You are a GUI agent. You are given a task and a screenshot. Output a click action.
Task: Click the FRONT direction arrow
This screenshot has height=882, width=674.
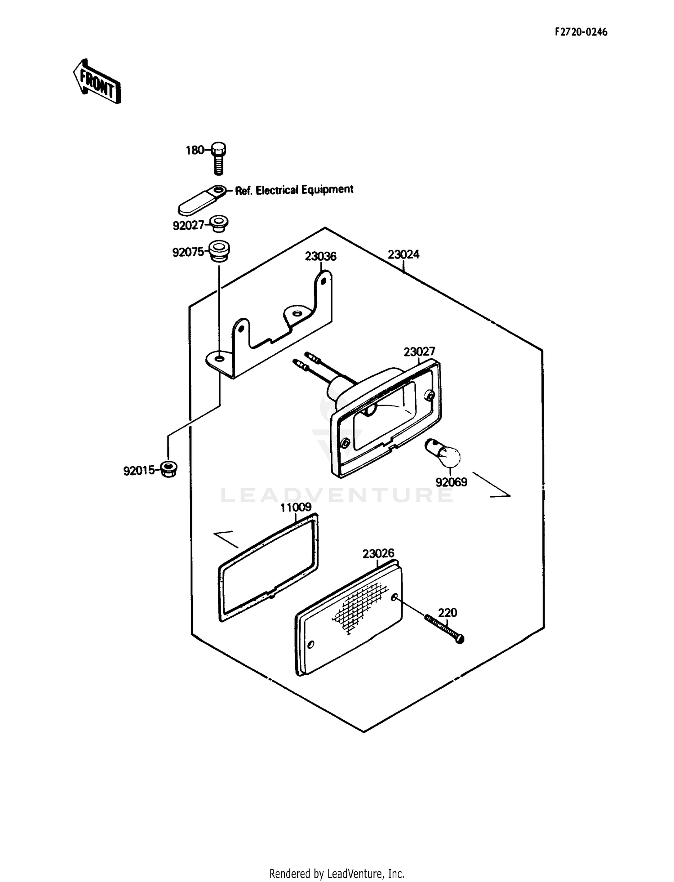[97, 81]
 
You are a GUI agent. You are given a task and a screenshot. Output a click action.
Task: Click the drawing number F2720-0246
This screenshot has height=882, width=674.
[581, 32]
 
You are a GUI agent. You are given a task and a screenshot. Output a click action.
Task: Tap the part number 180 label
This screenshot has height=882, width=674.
[195, 150]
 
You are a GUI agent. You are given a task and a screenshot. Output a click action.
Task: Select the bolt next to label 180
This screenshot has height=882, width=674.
[218, 159]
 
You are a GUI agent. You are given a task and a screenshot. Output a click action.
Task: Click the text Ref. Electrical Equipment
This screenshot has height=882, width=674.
[294, 190]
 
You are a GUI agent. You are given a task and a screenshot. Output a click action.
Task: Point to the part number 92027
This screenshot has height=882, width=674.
[189, 225]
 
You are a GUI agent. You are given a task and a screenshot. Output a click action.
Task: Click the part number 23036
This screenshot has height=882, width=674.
[320, 256]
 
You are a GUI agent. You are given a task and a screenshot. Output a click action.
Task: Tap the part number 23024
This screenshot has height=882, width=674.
[404, 254]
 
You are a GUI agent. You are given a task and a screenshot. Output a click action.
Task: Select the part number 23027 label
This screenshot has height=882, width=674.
[419, 351]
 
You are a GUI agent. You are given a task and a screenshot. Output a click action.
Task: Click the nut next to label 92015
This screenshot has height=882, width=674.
[169, 469]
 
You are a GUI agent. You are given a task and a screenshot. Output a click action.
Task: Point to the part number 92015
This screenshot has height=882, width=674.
[139, 471]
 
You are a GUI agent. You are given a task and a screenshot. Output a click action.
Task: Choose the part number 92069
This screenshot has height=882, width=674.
[451, 482]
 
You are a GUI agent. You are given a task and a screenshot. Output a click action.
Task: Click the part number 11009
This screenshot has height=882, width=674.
[296, 508]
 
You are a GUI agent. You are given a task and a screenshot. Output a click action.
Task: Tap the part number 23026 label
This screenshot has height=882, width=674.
[378, 553]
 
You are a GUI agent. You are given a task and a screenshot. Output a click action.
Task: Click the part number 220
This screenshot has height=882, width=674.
[448, 612]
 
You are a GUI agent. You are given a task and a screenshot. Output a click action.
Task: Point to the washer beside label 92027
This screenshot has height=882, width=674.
[219, 223]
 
